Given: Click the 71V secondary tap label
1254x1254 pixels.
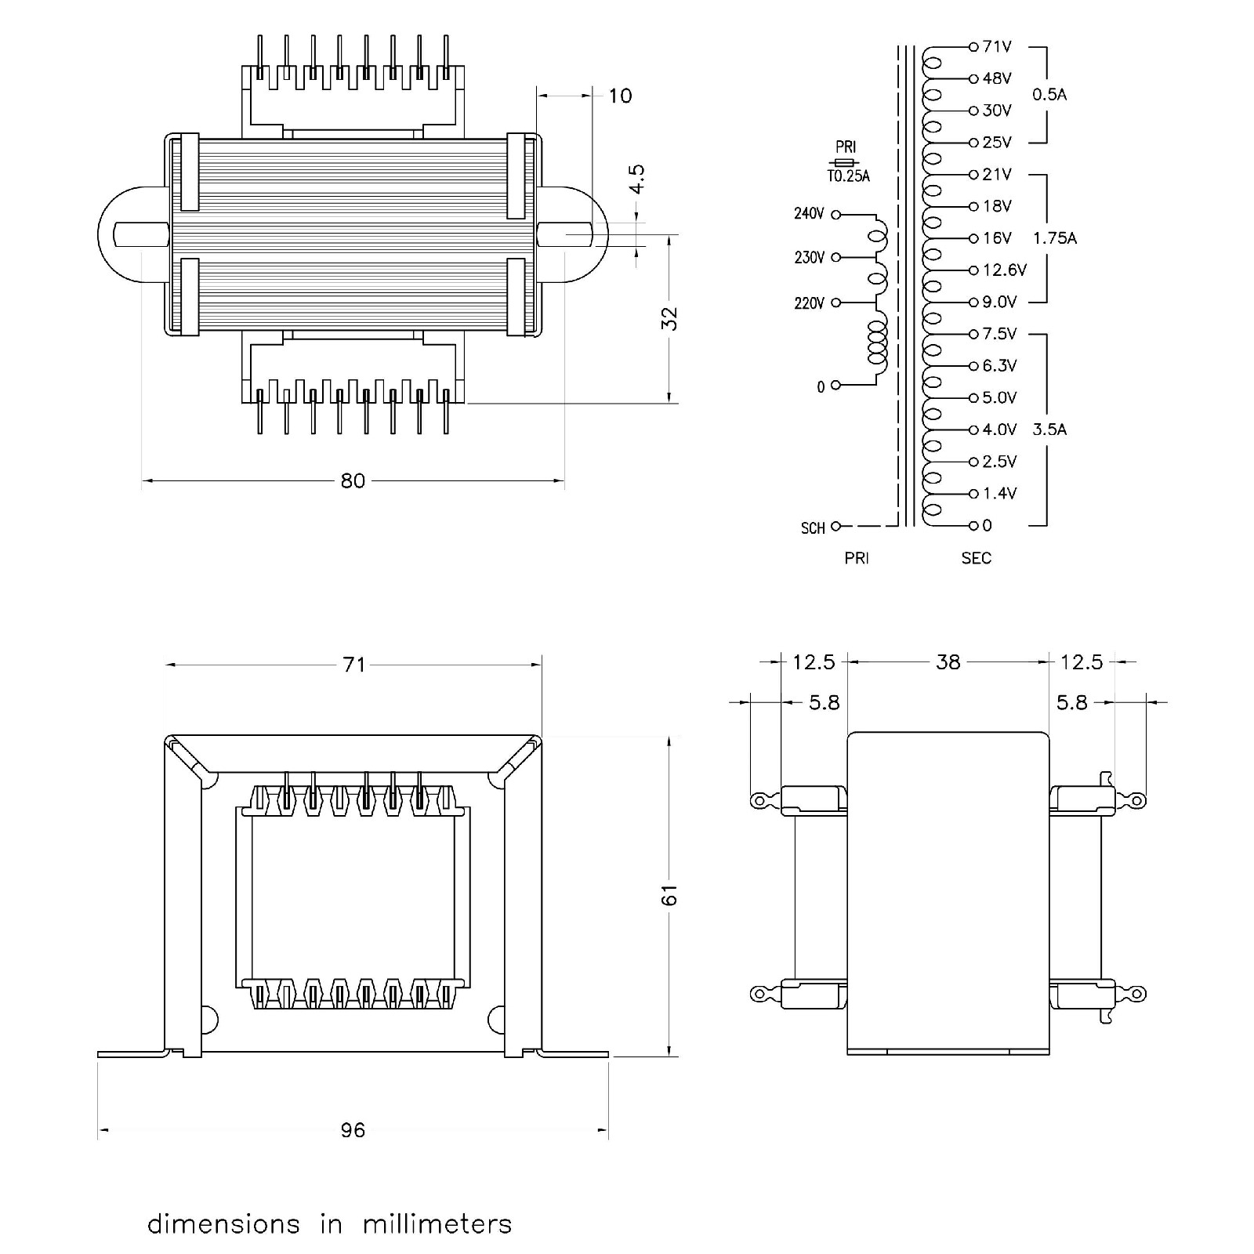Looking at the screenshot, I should (997, 47).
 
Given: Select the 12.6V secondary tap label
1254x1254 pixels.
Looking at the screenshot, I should (1004, 270).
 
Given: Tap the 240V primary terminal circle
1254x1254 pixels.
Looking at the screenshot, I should (835, 214).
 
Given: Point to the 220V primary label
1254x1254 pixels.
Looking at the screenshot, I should (810, 303).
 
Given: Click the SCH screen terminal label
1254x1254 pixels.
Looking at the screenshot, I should (813, 528).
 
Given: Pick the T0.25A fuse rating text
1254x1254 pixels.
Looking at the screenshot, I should (848, 176).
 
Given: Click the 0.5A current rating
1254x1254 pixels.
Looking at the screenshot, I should (1049, 95).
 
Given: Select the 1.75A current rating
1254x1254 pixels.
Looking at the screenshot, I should (1055, 238).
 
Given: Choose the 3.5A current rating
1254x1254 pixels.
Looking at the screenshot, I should (1049, 429).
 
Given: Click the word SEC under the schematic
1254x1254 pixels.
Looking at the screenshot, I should (977, 559).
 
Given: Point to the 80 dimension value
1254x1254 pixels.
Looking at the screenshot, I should (353, 480).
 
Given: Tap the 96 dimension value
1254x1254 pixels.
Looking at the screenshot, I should (353, 1129).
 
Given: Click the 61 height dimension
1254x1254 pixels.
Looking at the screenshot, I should (669, 895).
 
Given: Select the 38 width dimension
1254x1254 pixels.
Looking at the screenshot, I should (948, 662).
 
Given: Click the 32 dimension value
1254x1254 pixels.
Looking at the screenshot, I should (669, 319).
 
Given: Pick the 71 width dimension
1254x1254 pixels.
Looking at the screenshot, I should (354, 665).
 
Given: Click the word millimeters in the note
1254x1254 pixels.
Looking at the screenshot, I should (437, 1224).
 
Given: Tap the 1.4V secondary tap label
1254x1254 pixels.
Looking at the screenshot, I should (999, 494).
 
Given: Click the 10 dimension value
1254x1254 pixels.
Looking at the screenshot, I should (620, 96).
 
